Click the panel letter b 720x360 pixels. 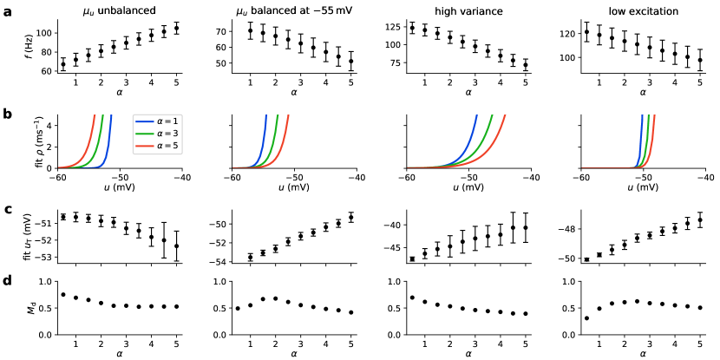click(6, 114)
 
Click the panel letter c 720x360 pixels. click(6, 209)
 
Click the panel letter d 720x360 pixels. click(6, 279)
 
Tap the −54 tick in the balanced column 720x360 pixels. click(217, 262)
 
